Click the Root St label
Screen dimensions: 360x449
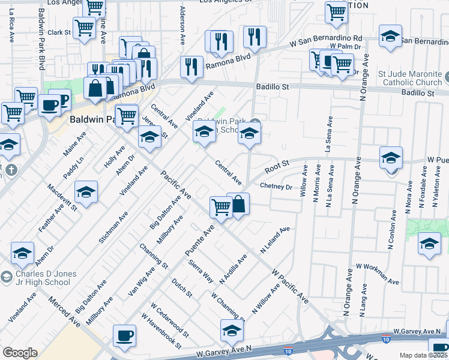277,163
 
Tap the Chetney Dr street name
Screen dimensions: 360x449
276,187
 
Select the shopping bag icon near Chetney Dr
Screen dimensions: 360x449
238,204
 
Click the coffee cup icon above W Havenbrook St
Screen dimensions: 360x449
124,336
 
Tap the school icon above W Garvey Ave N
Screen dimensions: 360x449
232,329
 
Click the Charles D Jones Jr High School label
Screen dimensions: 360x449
38,278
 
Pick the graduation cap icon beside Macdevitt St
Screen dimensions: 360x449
86,193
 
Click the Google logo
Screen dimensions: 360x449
20,353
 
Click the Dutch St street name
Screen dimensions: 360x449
181,288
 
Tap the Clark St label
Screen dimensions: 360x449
59,32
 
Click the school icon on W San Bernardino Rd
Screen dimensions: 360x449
390,37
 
